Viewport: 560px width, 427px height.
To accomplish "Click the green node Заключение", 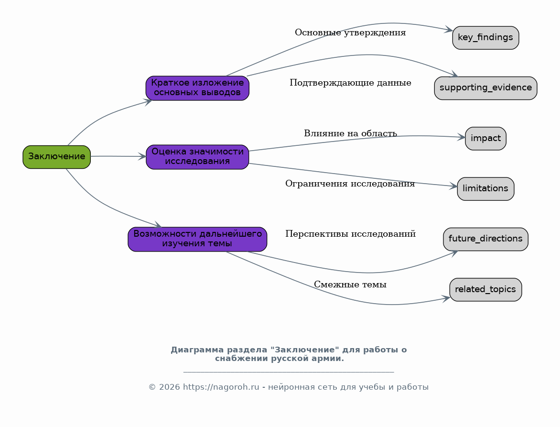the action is click(x=57, y=157).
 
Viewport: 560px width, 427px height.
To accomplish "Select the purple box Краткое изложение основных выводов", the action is click(x=197, y=88).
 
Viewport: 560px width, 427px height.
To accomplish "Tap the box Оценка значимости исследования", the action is click(x=197, y=157).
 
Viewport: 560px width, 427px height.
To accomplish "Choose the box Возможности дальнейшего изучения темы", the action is click(x=197, y=239).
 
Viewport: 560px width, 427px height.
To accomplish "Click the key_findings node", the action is click(x=486, y=37).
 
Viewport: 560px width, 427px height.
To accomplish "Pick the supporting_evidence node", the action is click(x=486, y=88).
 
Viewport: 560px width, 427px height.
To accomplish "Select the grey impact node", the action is click(x=486, y=138).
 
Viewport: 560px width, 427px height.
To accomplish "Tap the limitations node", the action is click(x=486, y=189).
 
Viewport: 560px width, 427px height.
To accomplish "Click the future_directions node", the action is click(x=486, y=239).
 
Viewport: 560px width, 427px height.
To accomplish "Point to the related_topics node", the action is click(x=486, y=289).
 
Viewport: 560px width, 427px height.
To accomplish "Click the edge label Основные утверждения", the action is click(x=350, y=33).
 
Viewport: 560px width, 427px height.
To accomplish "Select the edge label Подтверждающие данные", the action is click(x=350, y=83).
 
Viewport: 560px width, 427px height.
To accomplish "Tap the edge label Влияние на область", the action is click(x=350, y=133).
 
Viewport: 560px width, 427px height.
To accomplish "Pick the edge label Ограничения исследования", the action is click(x=350, y=184).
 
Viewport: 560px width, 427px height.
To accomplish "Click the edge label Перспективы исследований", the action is click(x=350, y=234).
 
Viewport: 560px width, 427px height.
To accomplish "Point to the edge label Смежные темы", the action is click(x=350, y=285).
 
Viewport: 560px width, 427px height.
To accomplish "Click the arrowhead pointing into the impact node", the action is click(x=462, y=137).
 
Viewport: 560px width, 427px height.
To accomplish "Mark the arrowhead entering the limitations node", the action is click(x=453, y=186).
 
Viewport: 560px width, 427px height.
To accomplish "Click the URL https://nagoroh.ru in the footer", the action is click(x=221, y=387).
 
